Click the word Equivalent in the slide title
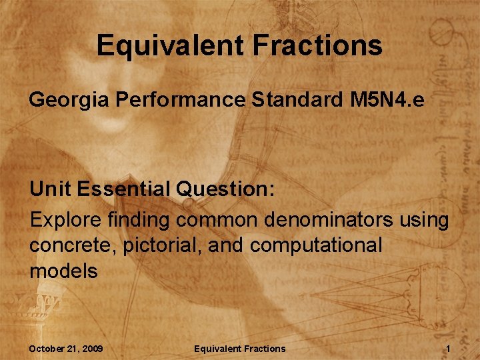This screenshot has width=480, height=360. tap(170, 46)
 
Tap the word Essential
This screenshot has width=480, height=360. tap(123, 189)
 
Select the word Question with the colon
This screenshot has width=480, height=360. tap(225, 189)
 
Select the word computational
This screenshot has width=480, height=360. tap(317, 245)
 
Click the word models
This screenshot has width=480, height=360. tap(63, 271)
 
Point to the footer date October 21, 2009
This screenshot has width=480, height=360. tap(65, 349)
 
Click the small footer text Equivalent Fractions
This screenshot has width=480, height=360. tap(239, 349)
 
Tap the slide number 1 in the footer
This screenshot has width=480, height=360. tap(449, 349)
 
